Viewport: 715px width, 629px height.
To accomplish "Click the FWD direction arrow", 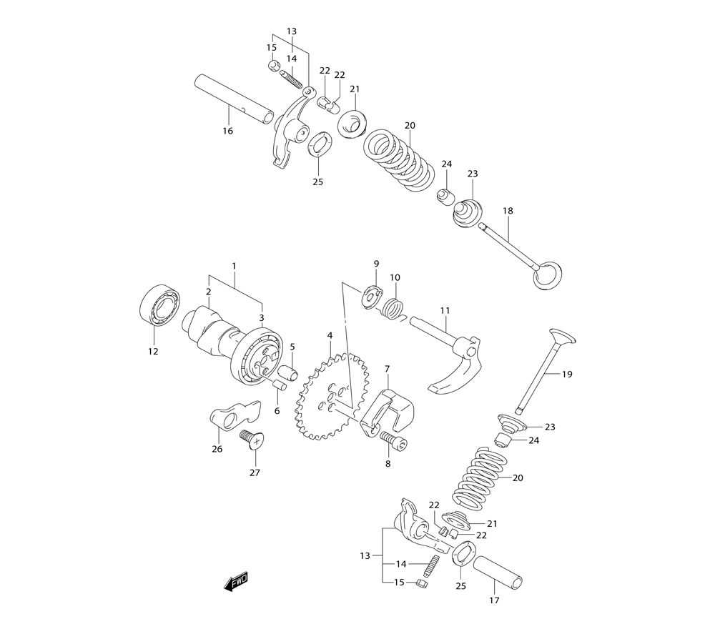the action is (236, 582).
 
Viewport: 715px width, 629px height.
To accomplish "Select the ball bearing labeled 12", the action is (159, 305).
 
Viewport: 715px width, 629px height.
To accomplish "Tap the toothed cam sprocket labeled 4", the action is (331, 397).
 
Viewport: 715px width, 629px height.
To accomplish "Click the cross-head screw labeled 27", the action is (252, 440).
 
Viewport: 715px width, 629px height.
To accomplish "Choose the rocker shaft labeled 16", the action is (234, 100).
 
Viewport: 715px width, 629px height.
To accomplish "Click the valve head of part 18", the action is (547, 275).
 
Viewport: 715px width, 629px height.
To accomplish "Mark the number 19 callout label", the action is (567, 375).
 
